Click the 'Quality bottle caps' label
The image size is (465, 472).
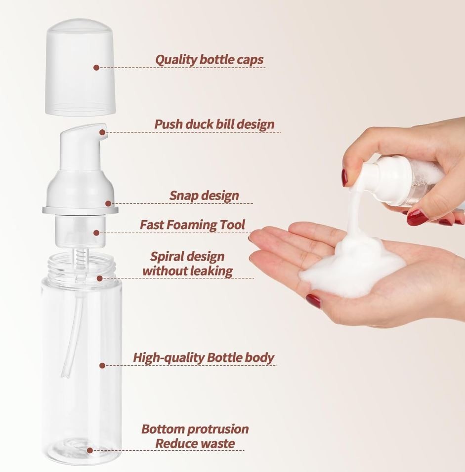(209, 60)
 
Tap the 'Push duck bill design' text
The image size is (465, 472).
(214, 124)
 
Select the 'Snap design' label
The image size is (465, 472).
(204, 196)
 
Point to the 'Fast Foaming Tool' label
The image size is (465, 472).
(192, 225)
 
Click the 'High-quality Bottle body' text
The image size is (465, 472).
(203, 357)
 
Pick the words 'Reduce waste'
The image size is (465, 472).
(195, 443)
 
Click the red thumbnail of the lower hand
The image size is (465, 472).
(313, 300)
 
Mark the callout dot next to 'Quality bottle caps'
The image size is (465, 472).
(96, 68)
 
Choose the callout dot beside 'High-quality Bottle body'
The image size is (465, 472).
(102, 366)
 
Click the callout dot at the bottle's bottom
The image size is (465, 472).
(90, 450)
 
